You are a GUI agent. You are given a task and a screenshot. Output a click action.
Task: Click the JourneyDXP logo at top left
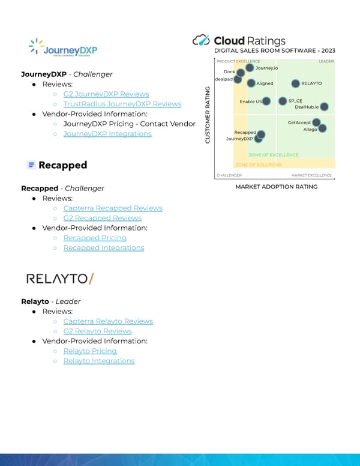[63, 48]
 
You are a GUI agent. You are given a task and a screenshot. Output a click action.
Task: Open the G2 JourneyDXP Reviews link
[106, 94]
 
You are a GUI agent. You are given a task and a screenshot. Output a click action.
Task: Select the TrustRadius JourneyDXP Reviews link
[122, 104]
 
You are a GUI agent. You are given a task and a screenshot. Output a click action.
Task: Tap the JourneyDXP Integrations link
[107, 133]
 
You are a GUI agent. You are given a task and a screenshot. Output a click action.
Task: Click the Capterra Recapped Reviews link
[113, 208]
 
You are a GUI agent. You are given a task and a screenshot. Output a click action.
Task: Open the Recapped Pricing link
[95, 238]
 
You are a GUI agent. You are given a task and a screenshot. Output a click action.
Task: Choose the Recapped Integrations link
[104, 247]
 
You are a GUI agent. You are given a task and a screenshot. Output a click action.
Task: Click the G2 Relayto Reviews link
[97, 331]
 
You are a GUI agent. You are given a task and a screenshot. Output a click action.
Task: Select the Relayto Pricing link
[90, 351]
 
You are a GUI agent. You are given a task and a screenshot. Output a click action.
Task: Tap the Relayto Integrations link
[99, 360]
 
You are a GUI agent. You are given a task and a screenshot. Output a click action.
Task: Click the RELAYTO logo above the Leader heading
[60, 279]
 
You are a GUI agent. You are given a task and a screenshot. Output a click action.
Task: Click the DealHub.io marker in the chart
[324, 107]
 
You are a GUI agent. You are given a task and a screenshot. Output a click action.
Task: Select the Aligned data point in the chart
[251, 83]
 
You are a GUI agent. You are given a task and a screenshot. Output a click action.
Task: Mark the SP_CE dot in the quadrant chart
[283, 101]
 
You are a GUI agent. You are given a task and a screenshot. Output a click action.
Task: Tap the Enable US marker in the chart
[266, 101]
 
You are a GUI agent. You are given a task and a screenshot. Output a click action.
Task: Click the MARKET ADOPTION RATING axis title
[276, 187]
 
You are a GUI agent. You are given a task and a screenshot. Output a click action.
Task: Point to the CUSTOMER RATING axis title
[208, 115]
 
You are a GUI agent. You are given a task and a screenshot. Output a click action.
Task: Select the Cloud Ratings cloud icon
[201, 40]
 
